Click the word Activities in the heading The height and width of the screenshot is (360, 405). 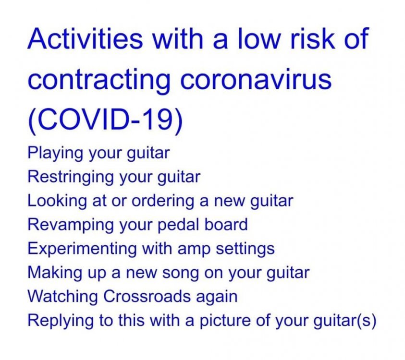pos(85,38)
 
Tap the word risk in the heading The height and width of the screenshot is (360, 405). pos(313,38)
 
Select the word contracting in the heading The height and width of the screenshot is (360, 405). pos(99,80)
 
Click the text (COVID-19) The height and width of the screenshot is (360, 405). pos(105,120)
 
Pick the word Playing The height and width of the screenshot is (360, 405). pos(56,153)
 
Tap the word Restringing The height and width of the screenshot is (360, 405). pos(71,177)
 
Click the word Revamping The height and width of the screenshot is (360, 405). pos(71,225)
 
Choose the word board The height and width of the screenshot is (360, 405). pos(226,224)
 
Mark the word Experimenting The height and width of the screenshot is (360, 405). pos(82,249)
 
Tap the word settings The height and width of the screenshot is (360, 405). pos(245,249)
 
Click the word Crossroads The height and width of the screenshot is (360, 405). pos(147,296)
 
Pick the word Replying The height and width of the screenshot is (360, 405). pos(60,321)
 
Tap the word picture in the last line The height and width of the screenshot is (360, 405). pos(224,321)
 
